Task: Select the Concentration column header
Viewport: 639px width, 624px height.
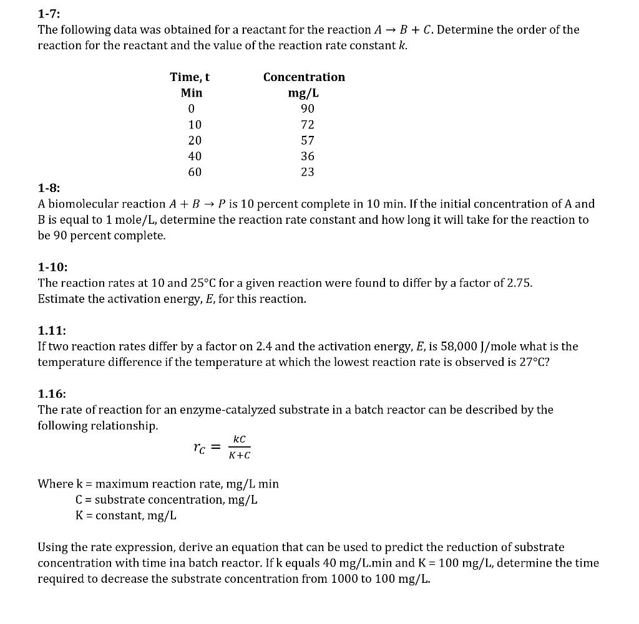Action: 304,77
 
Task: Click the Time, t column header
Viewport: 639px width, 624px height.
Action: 190,77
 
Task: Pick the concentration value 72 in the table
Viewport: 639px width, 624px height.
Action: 307,125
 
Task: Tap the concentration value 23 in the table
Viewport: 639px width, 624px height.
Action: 307,172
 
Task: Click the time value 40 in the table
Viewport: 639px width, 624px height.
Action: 195,156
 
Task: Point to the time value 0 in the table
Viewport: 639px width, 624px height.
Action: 192,109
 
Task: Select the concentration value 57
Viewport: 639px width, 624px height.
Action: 307,140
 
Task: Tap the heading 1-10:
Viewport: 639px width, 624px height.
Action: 52,267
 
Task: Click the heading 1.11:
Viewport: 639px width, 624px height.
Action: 52,330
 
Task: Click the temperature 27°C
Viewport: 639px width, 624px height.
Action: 536,362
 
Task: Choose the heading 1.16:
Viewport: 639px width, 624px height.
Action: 52,393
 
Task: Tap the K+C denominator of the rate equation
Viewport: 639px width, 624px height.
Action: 239,455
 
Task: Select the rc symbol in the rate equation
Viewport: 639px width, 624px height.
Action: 198,447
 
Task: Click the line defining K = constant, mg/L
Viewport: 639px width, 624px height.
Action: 125,516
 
